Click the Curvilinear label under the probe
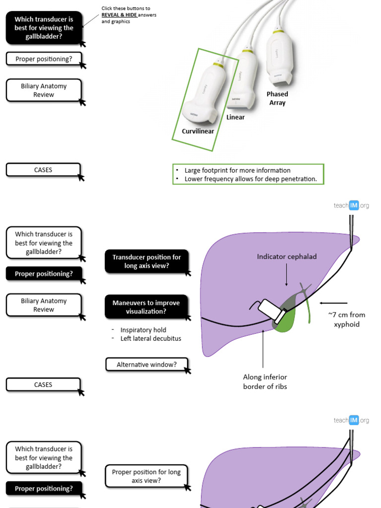click(198, 131)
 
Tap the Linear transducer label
click(236, 118)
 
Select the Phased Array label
click(277, 98)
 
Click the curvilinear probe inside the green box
click(203, 94)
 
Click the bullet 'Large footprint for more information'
click(237, 170)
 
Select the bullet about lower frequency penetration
click(250, 179)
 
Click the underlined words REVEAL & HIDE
click(119, 15)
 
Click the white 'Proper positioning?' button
click(44, 59)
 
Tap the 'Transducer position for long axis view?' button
click(146, 261)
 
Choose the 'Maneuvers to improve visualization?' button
click(146, 307)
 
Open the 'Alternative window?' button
click(146, 365)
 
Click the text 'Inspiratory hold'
click(143, 330)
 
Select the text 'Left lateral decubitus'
click(151, 339)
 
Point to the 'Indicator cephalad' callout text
click(287, 256)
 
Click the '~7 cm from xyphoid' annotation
click(347, 319)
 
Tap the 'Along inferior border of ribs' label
click(265, 382)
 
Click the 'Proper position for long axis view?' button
click(146, 476)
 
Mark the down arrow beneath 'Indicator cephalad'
click(287, 275)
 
